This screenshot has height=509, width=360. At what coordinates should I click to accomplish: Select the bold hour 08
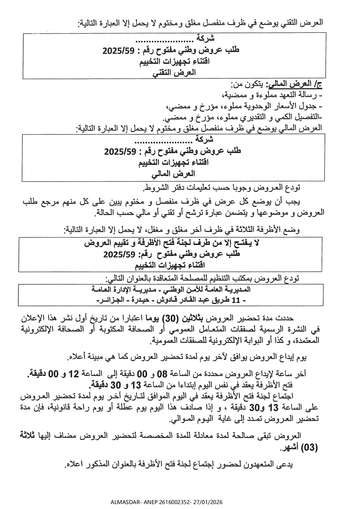point(164,374)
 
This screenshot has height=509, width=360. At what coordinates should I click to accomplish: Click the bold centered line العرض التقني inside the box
point(174,73)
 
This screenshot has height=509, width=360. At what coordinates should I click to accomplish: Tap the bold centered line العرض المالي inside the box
point(174,174)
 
